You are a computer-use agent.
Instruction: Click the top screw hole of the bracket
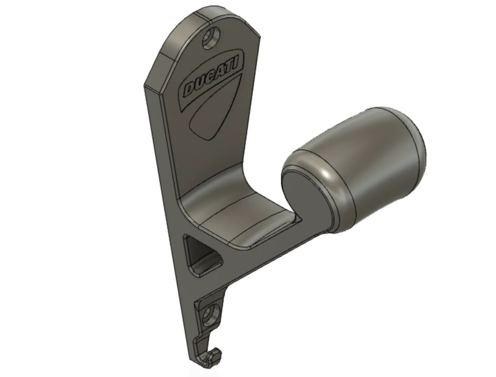click(211, 38)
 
